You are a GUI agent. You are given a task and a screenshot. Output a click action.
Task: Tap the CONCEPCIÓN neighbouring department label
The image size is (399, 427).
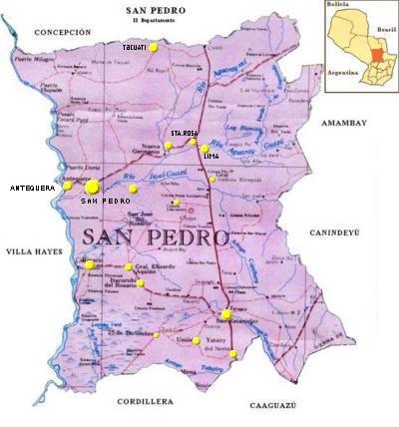click(61, 32)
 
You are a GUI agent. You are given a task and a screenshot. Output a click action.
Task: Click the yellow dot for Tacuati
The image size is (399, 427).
click(154, 58)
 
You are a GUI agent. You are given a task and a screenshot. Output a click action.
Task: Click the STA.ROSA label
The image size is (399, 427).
click(185, 133)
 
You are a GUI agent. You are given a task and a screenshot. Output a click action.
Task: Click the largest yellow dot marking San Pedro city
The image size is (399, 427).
click(92, 186)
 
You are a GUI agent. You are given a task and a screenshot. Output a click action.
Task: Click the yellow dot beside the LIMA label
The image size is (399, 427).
click(205, 145)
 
